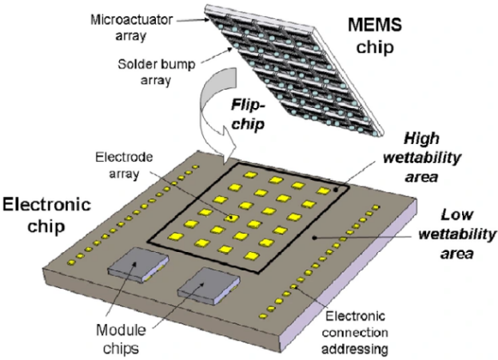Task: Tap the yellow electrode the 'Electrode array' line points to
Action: (x=232, y=216)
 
